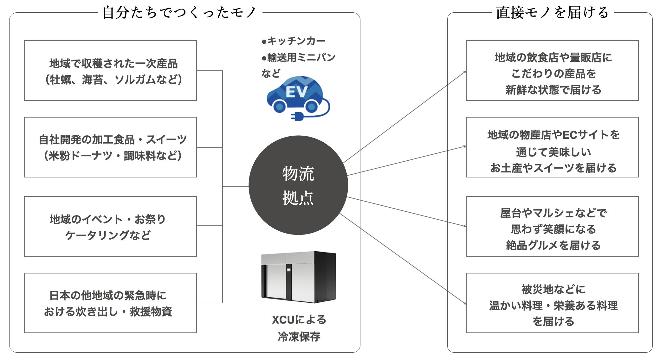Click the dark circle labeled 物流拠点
click(298, 185)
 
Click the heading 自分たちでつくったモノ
click(179, 13)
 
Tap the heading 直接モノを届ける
click(552, 13)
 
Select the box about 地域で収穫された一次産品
click(110, 71)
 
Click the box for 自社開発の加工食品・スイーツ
click(110, 147)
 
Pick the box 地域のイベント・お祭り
click(110, 226)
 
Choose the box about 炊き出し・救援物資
click(110, 303)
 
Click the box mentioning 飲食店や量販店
click(552, 71)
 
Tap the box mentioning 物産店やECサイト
click(552, 147)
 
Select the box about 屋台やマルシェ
click(552, 226)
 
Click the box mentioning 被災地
click(552, 303)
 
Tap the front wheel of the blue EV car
click(280, 106)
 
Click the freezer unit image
click(298, 277)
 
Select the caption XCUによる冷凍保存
click(299, 328)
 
